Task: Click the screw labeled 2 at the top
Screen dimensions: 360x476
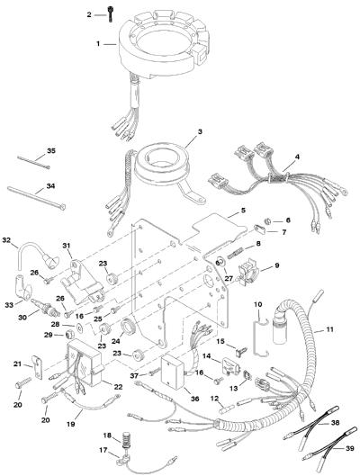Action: click(110, 14)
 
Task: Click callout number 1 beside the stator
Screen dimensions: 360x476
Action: click(98, 44)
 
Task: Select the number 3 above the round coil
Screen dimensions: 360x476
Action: click(200, 132)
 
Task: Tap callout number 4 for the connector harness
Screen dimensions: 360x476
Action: click(297, 157)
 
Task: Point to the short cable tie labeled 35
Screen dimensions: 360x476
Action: click(33, 162)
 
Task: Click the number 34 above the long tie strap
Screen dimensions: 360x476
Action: click(50, 185)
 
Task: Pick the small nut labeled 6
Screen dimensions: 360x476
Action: click(268, 220)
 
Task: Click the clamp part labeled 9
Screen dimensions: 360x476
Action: click(247, 273)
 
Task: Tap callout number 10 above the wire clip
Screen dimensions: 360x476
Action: click(258, 304)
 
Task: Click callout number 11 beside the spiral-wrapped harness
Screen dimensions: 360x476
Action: click(329, 329)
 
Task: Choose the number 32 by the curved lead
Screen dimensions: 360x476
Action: click(6, 240)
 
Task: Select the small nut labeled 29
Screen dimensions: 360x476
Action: click(70, 335)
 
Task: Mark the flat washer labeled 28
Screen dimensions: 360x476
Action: click(80, 328)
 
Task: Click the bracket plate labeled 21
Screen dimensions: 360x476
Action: click(37, 367)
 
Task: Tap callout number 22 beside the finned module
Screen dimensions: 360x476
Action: click(118, 387)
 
